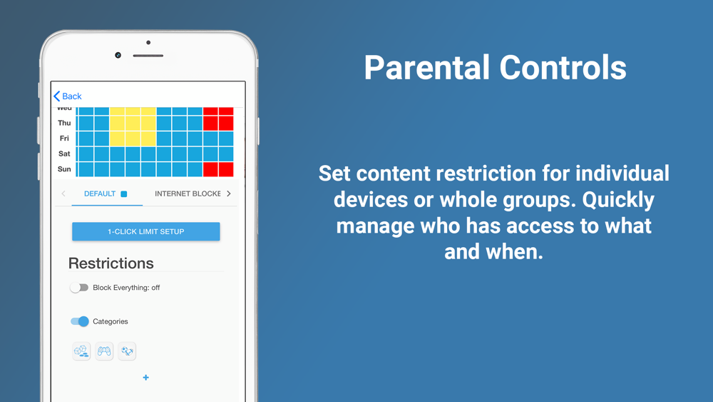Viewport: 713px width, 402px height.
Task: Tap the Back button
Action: coord(67,96)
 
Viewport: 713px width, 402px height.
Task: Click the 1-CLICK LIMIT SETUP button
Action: coord(146,231)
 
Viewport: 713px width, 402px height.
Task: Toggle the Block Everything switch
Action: coord(79,288)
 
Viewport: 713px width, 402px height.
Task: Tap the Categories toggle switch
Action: coord(80,321)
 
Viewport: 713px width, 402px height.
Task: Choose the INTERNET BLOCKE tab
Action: coord(188,194)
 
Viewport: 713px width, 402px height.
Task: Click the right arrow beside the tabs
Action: coord(229,194)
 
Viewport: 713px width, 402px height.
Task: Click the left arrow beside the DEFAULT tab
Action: coord(63,194)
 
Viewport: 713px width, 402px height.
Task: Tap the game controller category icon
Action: coord(104,351)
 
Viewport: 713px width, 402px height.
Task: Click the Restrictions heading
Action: coord(111,263)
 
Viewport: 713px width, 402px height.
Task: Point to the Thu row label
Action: coord(64,123)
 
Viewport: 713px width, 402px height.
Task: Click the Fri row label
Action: coord(64,139)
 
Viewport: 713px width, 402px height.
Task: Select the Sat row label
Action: coord(64,154)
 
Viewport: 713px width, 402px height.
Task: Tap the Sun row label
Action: coord(64,169)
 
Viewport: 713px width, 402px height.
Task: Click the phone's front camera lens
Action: coord(118,55)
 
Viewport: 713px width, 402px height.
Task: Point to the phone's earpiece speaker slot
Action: coord(148,56)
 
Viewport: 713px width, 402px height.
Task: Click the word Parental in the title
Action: coord(427,67)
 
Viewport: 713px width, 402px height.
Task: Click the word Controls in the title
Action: coord(563,67)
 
